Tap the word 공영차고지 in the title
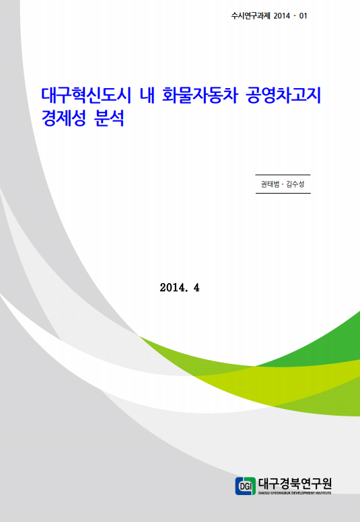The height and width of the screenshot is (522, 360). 283,96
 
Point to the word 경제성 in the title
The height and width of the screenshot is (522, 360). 64,118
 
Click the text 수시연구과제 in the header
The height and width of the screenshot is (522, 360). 251,15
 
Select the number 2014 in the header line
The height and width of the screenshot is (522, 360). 282,15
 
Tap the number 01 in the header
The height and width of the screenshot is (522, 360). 303,15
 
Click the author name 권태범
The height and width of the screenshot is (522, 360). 270,184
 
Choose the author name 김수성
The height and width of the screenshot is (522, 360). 295,184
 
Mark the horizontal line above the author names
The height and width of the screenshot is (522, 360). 283,175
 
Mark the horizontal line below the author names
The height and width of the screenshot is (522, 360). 283,193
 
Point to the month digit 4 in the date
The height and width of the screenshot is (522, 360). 196,287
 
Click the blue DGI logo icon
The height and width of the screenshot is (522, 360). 246,486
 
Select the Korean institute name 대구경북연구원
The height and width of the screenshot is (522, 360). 295,484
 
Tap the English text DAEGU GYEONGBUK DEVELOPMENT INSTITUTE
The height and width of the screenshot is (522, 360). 295,492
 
